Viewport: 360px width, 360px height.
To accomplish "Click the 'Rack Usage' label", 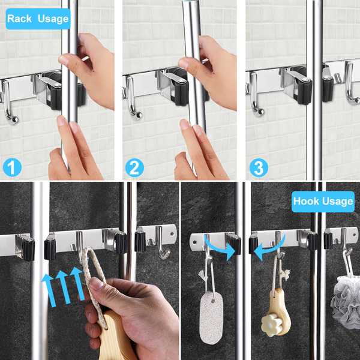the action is coord(38,19).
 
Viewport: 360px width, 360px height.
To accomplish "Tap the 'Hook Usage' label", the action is coord(323,202).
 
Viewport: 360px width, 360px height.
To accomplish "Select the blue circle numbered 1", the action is coord(12,167).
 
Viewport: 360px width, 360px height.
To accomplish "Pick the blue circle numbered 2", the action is coord(134,167).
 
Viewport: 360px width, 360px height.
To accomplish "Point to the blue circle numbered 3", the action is coord(259,167).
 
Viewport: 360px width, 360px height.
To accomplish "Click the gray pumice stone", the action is coord(211,318).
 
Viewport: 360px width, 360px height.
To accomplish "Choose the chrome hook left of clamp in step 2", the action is coord(133,99).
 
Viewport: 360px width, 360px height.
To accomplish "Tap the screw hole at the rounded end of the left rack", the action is coord(172,234).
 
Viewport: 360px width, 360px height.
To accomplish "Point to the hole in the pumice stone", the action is coord(214,301).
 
